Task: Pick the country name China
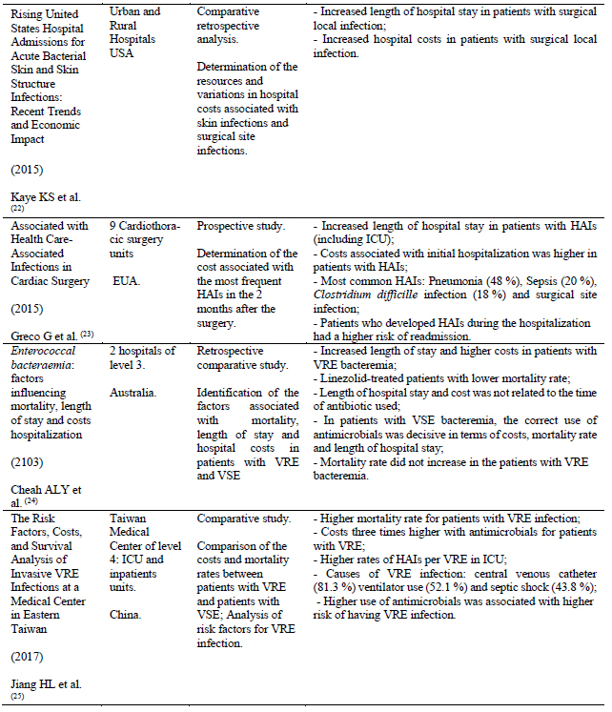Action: (127, 601)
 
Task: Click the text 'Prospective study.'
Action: (239, 226)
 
